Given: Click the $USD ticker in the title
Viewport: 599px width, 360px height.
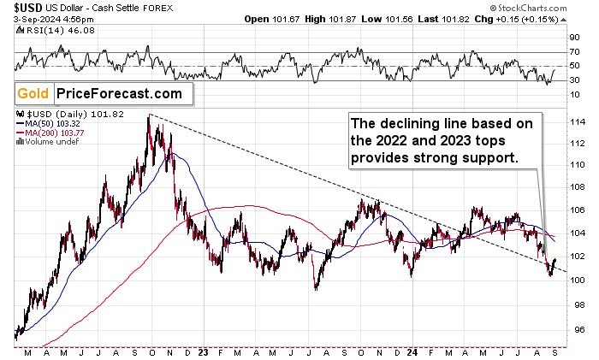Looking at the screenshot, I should (x=24, y=7).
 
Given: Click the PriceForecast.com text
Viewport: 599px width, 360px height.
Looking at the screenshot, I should (x=119, y=93).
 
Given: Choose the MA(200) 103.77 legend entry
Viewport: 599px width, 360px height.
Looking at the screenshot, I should (x=50, y=133).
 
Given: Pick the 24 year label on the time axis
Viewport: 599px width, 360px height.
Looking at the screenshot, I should (x=412, y=351).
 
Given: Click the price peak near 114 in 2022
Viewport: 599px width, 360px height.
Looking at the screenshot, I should (x=149, y=116).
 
